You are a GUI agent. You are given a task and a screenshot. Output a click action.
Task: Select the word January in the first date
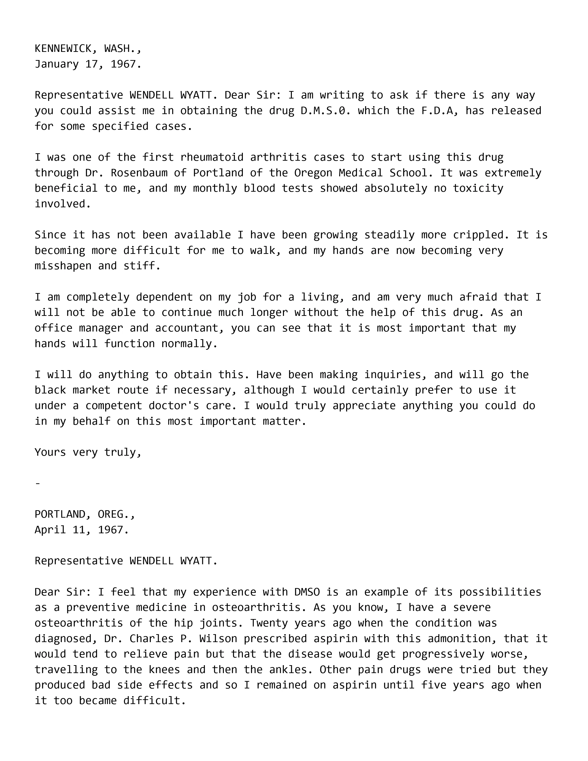click(56, 64)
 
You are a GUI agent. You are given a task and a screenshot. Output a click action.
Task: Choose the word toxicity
click(478, 188)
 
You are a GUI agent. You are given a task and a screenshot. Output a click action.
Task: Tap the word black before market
click(50, 390)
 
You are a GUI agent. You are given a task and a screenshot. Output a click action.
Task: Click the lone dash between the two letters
click(38, 483)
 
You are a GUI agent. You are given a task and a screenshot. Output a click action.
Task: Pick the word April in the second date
click(50, 530)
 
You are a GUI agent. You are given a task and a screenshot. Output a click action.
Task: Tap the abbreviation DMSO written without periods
click(307, 592)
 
